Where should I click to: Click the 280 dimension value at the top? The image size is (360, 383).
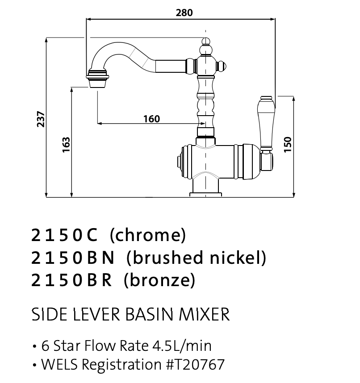(x=184, y=13)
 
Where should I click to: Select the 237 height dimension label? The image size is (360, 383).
(x=41, y=119)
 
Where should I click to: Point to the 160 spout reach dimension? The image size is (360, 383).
(x=151, y=119)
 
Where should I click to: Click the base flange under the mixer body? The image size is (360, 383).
(x=205, y=194)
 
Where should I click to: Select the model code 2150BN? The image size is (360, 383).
(x=73, y=258)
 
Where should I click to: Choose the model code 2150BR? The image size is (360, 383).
(x=72, y=280)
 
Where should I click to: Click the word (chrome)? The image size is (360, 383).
(x=147, y=235)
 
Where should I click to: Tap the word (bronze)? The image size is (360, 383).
(x=159, y=280)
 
